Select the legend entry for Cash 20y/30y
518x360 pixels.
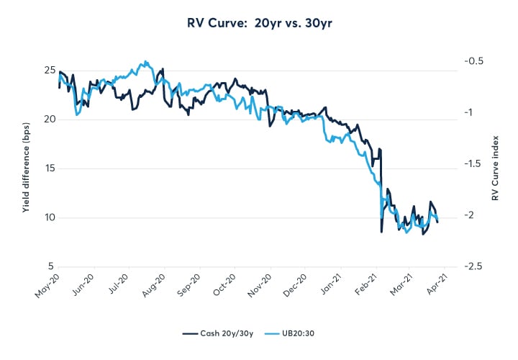[216, 333]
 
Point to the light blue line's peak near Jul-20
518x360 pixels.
[146, 61]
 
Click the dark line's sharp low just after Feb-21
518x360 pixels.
[381, 232]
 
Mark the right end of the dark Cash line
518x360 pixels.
[438, 222]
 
